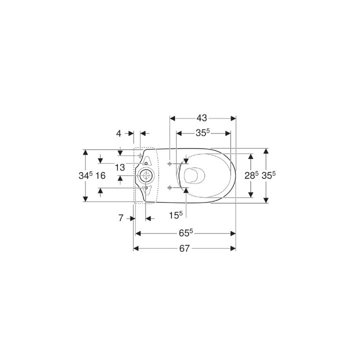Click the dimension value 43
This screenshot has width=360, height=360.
202,118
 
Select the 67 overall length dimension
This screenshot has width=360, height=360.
184,248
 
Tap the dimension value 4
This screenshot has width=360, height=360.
118,133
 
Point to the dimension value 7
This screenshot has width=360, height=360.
121,218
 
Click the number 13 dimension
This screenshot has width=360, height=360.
120,167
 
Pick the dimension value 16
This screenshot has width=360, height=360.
100,176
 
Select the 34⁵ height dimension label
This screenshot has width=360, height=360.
85,175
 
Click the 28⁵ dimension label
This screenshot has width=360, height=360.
251,175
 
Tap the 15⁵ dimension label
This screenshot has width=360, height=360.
175,215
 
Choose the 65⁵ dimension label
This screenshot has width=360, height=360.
186,233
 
